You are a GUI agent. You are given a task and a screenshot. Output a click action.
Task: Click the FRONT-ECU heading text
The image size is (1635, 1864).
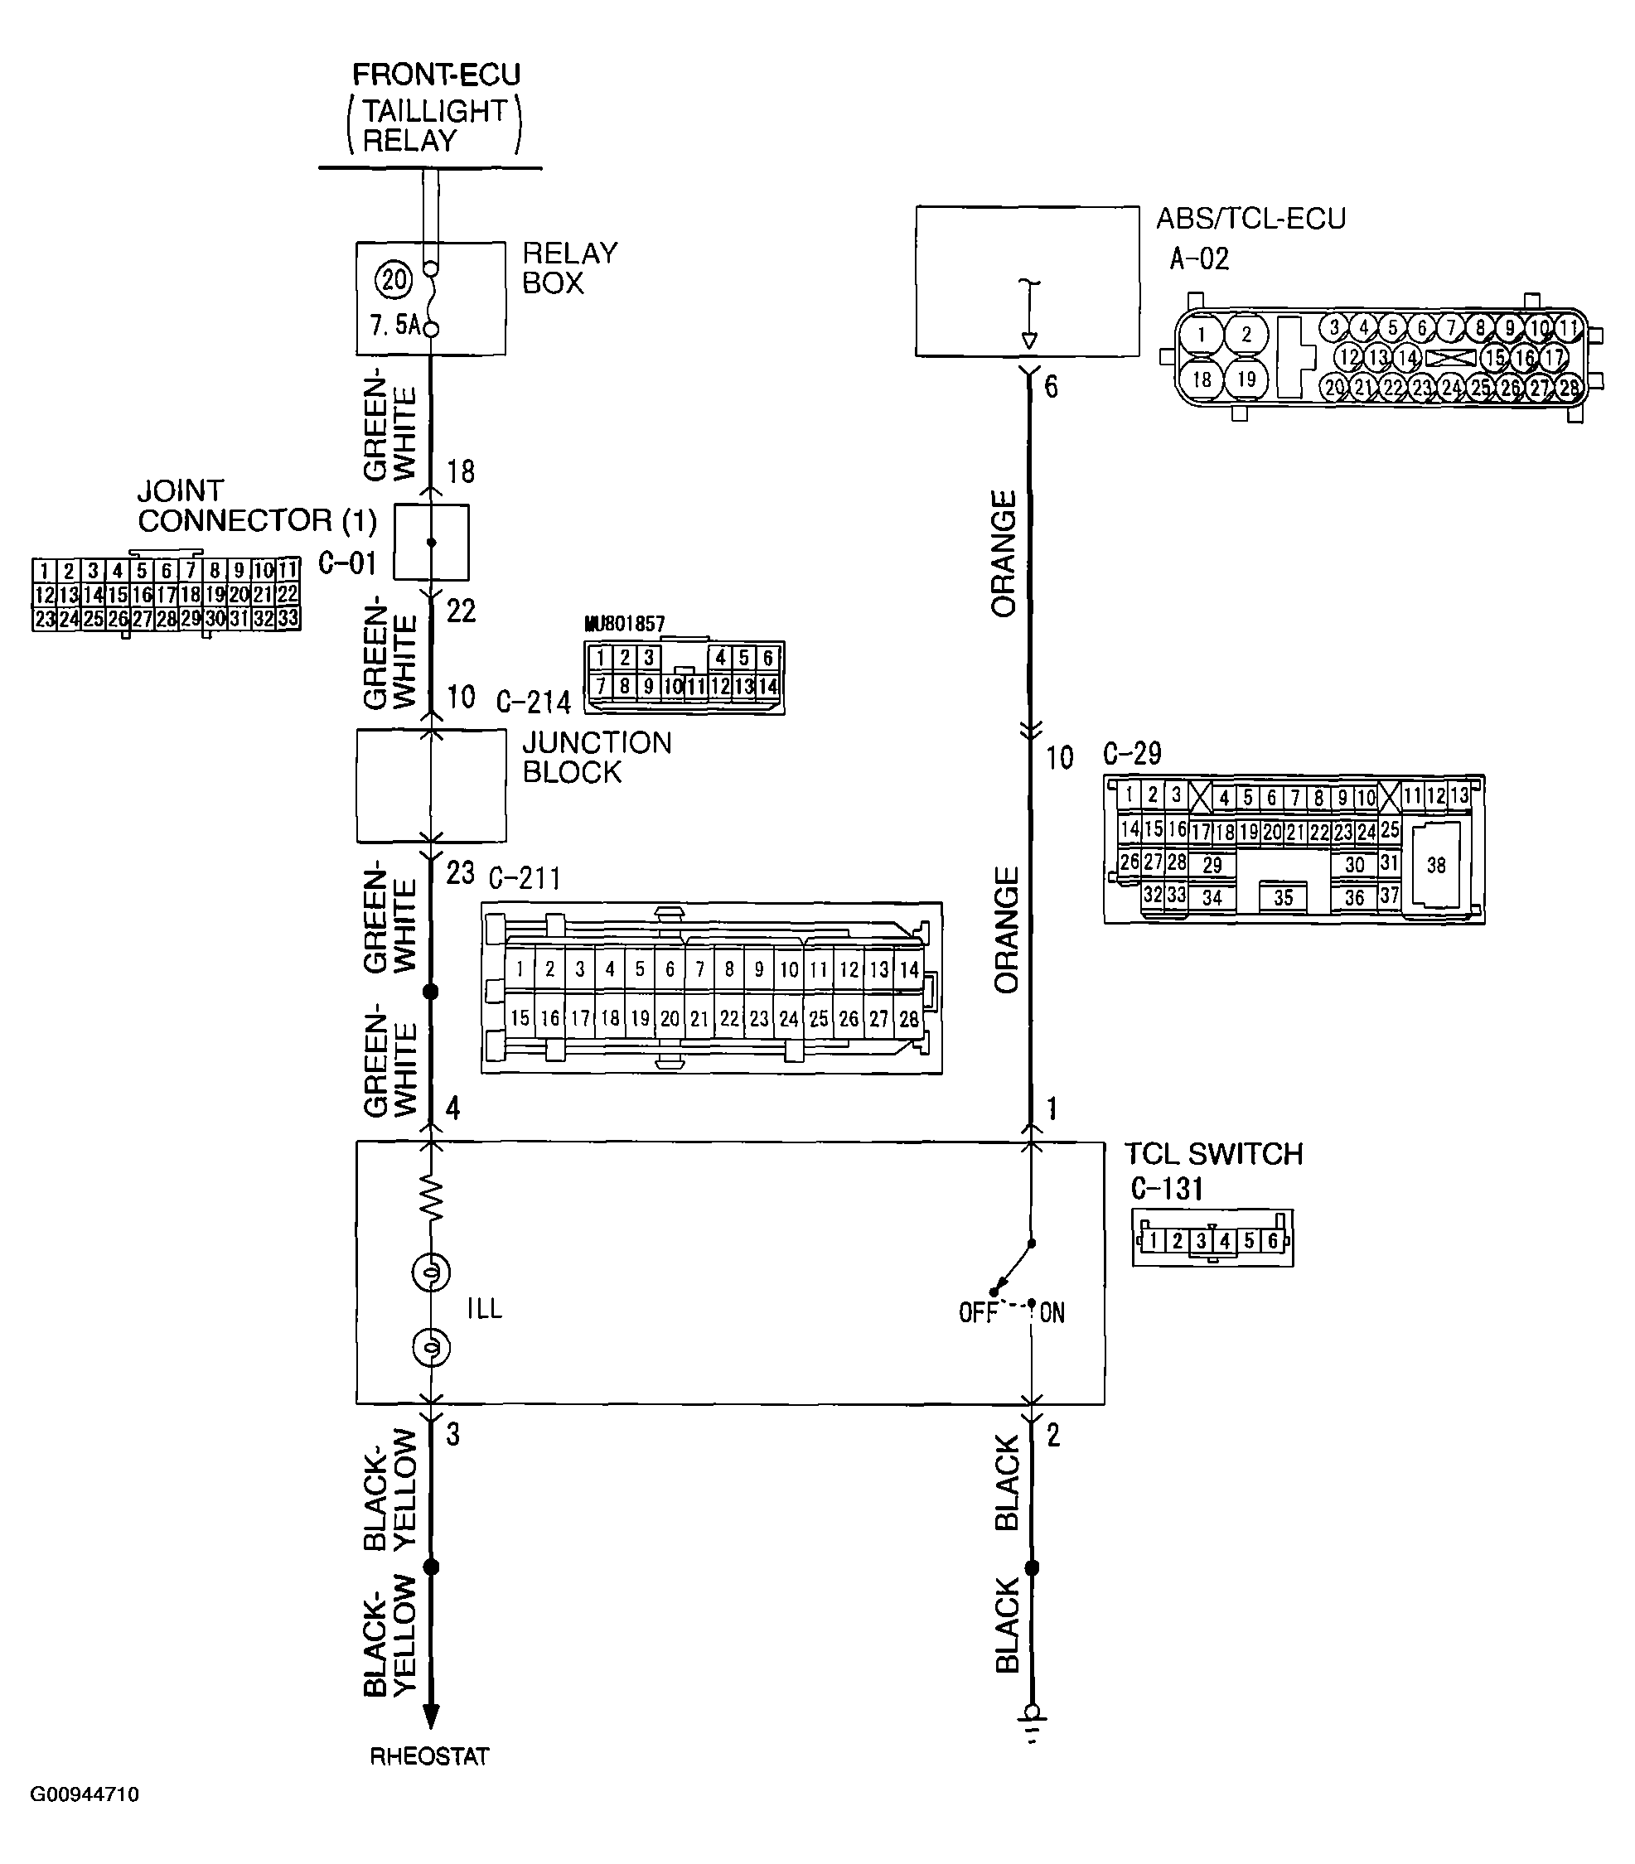click(436, 75)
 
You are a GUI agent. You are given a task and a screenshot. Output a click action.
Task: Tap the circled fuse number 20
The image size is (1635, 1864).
click(394, 279)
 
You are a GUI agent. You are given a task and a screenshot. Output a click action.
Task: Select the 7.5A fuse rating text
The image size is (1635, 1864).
click(394, 325)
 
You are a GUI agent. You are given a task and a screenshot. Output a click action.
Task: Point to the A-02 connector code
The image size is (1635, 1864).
click(1199, 260)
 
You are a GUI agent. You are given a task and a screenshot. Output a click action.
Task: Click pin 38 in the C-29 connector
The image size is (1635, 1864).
click(1436, 865)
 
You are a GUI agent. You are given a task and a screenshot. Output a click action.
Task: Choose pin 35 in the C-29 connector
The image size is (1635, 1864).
click(1283, 897)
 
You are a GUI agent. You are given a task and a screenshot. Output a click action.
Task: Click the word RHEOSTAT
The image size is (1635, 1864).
click(430, 1756)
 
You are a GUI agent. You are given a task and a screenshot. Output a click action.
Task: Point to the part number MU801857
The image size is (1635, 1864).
click(625, 624)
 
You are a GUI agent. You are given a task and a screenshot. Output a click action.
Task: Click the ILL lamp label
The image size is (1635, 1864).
click(485, 1309)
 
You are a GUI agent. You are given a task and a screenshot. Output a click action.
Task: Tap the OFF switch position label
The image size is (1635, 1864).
click(977, 1313)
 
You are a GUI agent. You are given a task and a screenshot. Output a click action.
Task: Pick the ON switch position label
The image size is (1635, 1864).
click(1052, 1313)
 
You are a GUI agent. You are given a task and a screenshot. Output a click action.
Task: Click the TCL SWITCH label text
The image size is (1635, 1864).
click(1213, 1155)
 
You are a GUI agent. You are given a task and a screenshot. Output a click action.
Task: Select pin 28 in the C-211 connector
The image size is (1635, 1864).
click(909, 1019)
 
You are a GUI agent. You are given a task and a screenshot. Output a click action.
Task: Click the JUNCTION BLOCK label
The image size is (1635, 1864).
click(597, 757)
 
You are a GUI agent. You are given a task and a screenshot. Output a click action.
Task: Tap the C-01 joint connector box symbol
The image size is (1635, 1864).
click(432, 543)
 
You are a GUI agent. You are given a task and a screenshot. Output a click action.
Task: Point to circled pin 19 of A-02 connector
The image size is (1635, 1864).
click(1246, 379)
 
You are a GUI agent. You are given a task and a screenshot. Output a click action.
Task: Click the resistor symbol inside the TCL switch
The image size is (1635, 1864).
click(432, 1197)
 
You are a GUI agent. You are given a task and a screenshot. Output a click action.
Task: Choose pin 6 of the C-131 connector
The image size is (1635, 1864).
click(1273, 1241)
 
